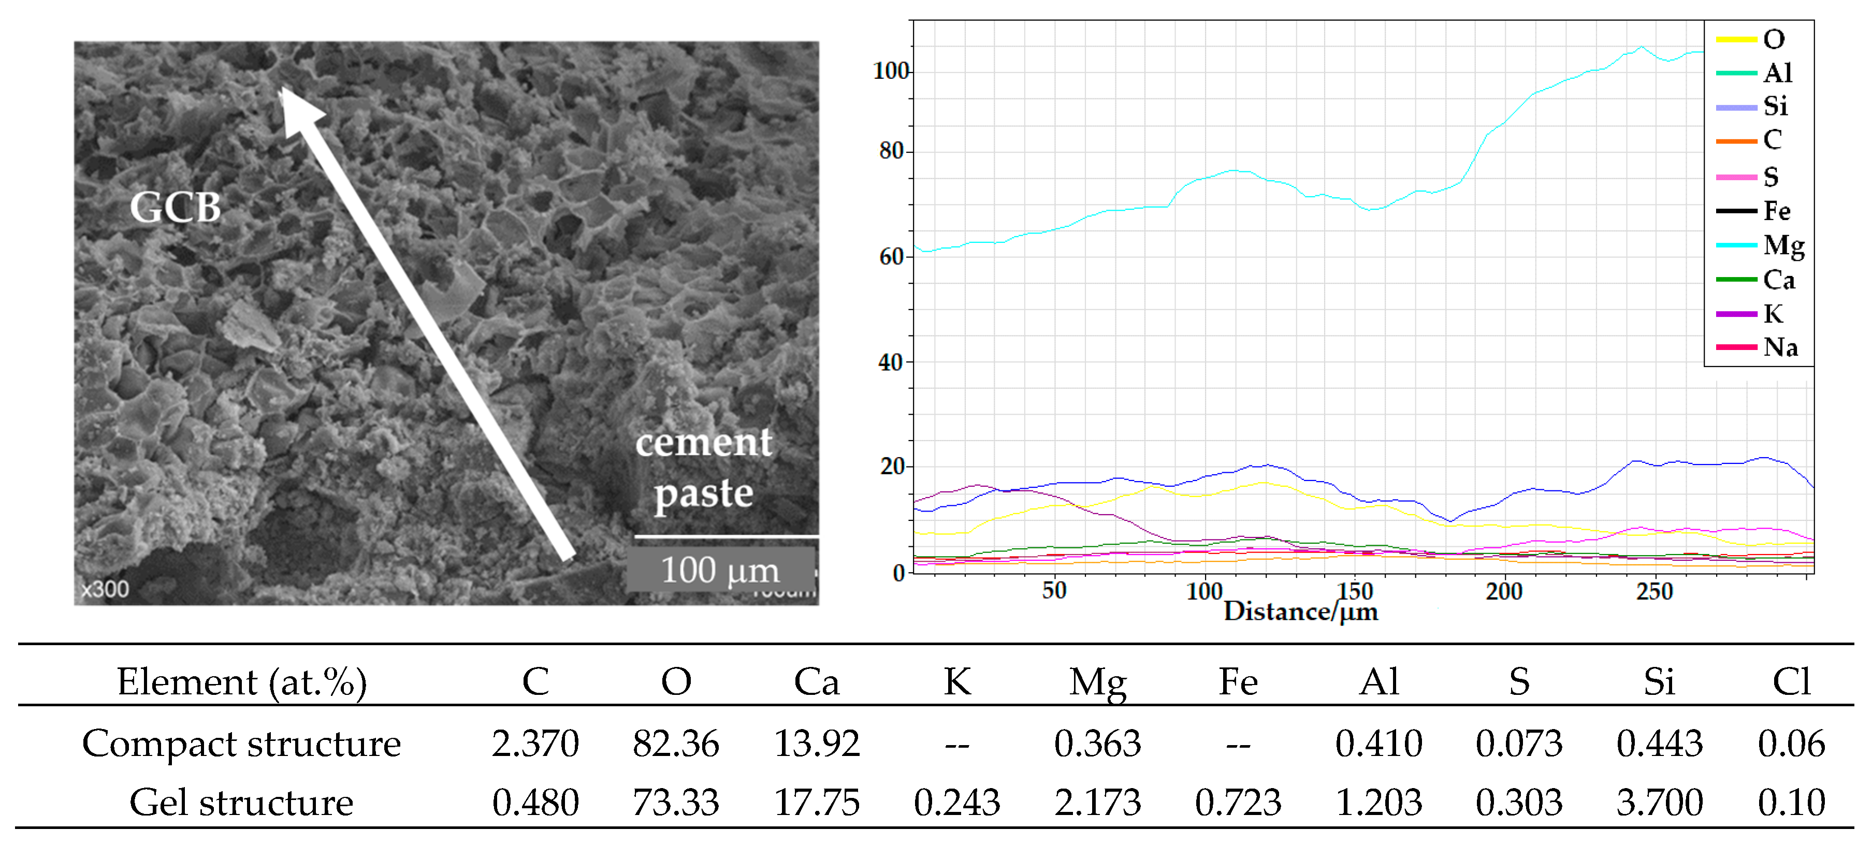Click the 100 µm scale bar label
point(719,570)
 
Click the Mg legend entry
point(1782,245)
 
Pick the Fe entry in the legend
point(1776,211)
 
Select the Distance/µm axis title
point(1301,612)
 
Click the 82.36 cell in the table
point(675,744)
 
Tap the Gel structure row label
point(241,803)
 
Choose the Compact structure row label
point(241,744)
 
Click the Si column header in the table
point(1659,681)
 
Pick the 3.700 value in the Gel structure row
point(1659,803)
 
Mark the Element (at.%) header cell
point(241,681)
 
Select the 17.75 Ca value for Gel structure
point(816,803)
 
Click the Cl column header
point(1791,681)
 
